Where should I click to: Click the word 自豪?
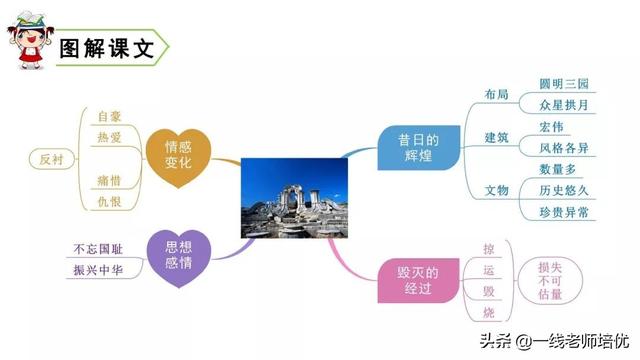(x=109, y=116)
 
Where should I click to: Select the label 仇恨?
(x=109, y=202)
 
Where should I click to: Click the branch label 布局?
(x=497, y=95)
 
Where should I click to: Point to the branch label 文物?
(x=497, y=190)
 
